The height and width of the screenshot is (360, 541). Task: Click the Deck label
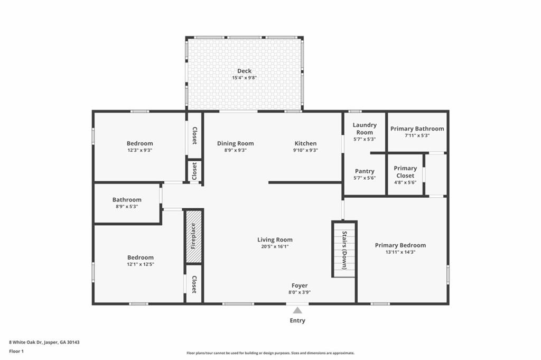(x=244, y=71)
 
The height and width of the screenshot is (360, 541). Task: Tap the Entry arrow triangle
(x=298, y=310)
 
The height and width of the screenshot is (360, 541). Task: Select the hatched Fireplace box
(x=193, y=236)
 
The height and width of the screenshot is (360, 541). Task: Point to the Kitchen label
(x=305, y=143)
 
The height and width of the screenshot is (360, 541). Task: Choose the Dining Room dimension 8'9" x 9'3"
(x=235, y=150)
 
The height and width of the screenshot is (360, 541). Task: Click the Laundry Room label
(x=365, y=129)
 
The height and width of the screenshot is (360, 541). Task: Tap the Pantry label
(x=365, y=171)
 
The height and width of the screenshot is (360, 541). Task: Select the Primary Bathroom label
(x=417, y=128)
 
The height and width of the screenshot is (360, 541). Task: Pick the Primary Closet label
(x=405, y=172)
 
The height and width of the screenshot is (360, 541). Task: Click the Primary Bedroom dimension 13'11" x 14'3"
(x=400, y=252)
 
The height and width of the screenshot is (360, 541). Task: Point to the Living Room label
(x=275, y=239)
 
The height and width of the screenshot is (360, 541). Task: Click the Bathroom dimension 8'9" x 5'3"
(x=127, y=207)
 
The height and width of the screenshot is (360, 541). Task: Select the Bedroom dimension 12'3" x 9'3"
(x=140, y=150)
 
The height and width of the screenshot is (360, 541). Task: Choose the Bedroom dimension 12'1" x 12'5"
(x=140, y=264)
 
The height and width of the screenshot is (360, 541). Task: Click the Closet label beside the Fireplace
(x=194, y=285)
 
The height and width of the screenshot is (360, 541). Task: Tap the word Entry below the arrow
(x=297, y=320)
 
